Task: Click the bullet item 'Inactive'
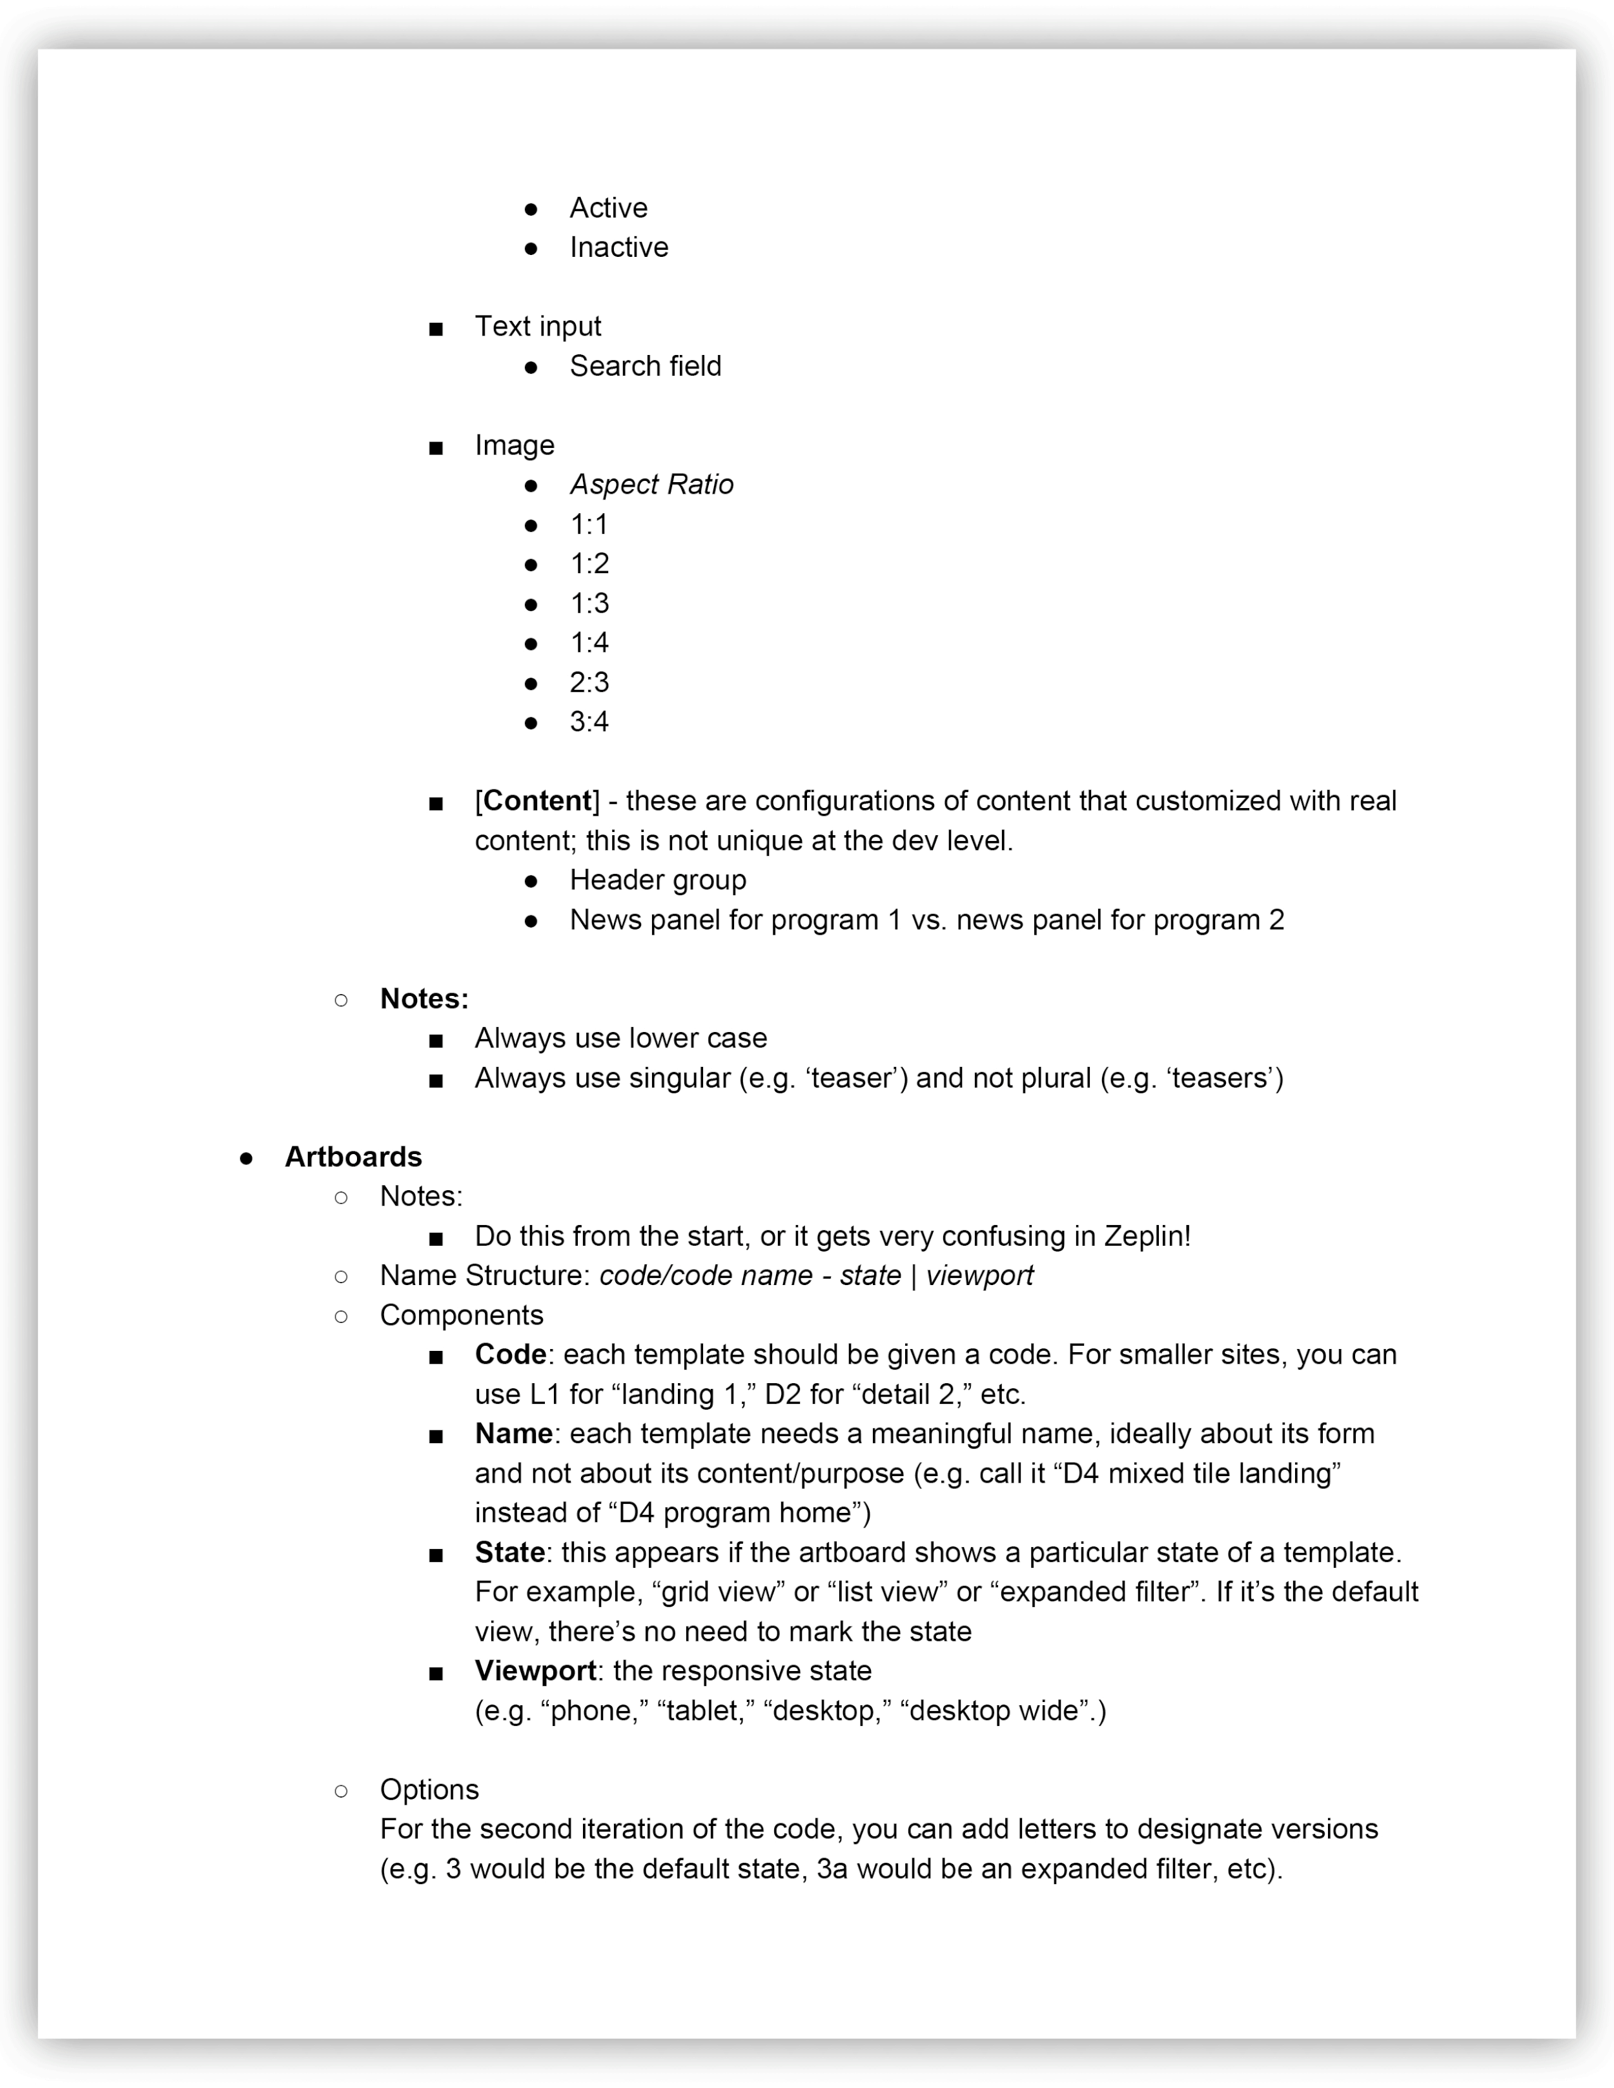point(618,248)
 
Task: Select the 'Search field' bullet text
point(646,366)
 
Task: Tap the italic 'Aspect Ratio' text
point(651,485)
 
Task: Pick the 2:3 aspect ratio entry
point(589,683)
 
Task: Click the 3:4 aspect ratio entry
point(589,722)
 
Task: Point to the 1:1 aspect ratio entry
point(589,525)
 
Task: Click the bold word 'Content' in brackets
point(538,801)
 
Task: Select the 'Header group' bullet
point(658,880)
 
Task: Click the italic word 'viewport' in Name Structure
point(979,1276)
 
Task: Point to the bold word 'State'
point(509,1553)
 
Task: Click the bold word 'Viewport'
point(535,1671)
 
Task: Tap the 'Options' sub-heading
point(429,1790)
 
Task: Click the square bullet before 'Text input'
point(436,330)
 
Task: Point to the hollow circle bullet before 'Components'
point(342,1317)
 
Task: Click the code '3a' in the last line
point(832,1869)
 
